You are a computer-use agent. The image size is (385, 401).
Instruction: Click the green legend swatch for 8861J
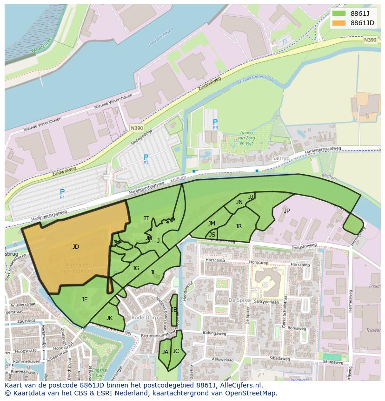click(339, 14)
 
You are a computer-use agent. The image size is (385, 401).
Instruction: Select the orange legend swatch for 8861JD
click(339, 23)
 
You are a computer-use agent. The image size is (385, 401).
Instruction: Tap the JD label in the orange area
click(76, 247)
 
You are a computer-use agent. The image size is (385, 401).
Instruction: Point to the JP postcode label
click(286, 211)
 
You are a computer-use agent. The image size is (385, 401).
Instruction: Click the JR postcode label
click(239, 226)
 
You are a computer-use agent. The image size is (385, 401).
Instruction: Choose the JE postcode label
click(85, 299)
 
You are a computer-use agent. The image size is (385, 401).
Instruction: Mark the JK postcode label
click(109, 318)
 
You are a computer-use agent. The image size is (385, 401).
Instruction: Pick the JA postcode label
click(165, 352)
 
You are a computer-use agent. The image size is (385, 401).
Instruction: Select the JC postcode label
click(176, 351)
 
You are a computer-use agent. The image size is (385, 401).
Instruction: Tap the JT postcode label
click(146, 218)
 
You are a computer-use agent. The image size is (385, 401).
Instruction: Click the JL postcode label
click(153, 272)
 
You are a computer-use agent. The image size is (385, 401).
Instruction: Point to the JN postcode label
click(239, 202)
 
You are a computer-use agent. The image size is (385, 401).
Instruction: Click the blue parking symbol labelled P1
click(62, 192)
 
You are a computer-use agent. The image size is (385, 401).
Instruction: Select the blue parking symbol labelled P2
click(146, 158)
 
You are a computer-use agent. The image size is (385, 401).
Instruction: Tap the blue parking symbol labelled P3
click(215, 122)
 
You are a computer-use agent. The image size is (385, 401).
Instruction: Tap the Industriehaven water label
click(160, 37)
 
